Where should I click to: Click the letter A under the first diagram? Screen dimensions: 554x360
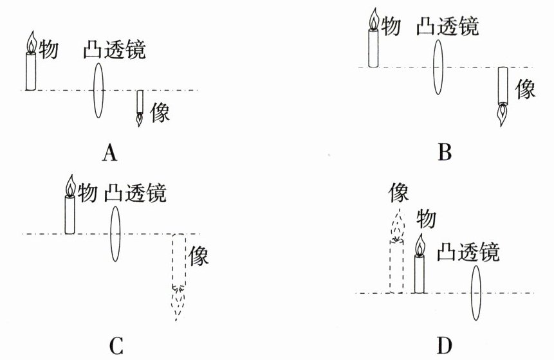(x=110, y=153)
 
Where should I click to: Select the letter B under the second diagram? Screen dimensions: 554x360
(x=445, y=152)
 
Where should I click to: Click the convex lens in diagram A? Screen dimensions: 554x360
(x=98, y=91)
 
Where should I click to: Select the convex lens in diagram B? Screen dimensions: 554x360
(x=438, y=67)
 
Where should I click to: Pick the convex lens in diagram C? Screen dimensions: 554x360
(x=115, y=233)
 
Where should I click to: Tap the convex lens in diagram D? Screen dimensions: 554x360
(x=476, y=293)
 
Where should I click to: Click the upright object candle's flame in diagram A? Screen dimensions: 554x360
(x=32, y=42)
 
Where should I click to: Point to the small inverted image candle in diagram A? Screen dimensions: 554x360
(x=140, y=109)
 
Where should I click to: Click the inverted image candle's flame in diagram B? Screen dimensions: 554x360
(x=503, y=114)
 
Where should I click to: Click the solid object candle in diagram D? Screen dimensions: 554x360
(x=420, y=264)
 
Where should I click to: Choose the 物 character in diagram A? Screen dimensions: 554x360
(x=48, y=49)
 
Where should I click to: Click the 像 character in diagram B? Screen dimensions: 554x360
(x=525, y=89)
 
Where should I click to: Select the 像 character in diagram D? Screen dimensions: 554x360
(x=398, y=192)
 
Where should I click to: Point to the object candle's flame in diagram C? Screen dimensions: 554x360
(x=71, y=186)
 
